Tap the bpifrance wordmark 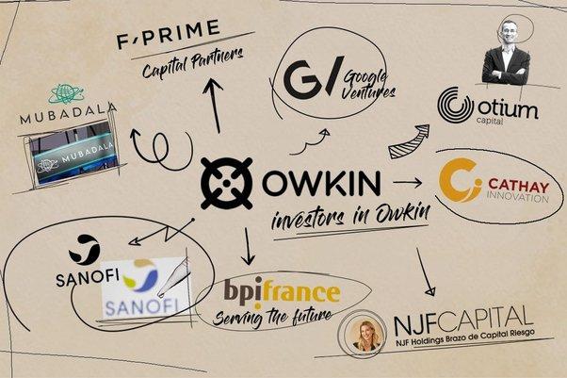click(x=282, y=290)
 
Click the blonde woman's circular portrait click(x=363, y=334)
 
